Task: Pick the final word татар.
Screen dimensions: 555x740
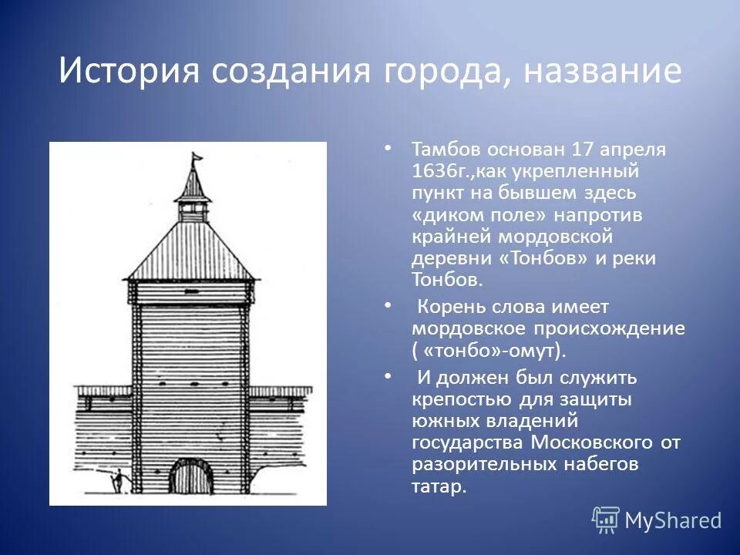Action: (x=439, y=487)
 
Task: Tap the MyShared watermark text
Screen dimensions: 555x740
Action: (x=672, y=520)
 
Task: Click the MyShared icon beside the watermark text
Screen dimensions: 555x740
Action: (x=605, y=520)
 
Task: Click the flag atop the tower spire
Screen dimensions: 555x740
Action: (x=197, y=156)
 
